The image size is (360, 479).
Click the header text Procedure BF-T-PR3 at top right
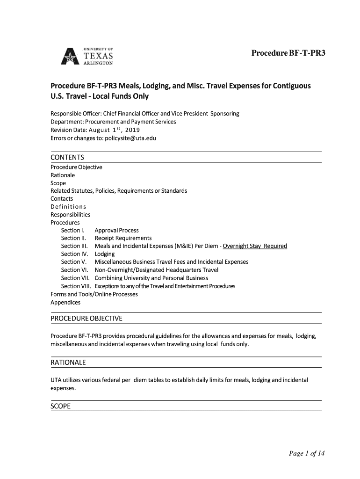pos(288,53)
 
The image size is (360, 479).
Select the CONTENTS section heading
pos(67,157)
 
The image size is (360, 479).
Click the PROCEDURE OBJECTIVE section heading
pos(86,319)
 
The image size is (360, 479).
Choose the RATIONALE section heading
pos(68,363)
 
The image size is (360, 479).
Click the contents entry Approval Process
pos(116,230)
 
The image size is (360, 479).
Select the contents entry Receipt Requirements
pos(123,238)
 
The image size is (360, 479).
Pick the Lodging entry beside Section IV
pos(104,254)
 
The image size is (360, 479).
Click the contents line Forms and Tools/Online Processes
pos(94,294)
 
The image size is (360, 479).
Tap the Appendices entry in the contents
pos(65,302)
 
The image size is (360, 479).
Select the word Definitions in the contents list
pos(68,206)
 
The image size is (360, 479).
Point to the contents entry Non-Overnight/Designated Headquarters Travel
pos(156,270)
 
